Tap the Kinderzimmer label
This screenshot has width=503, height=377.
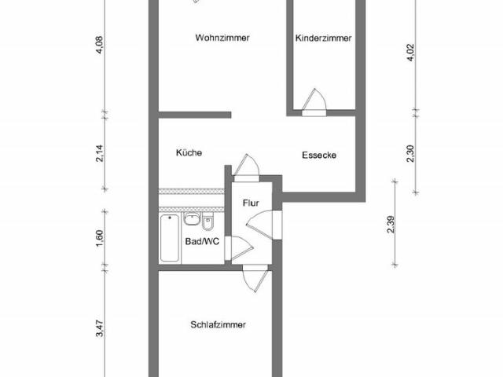323,38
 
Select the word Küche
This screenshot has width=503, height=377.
189,153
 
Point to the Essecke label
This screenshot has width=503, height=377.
319,155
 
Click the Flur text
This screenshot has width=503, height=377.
251,203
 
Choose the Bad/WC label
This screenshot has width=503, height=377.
201,242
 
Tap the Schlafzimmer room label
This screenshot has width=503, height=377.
218,324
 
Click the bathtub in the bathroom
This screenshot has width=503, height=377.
169,237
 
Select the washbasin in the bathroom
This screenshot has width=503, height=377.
191,220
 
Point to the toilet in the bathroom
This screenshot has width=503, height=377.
207,219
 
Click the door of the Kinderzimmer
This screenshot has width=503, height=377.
314,101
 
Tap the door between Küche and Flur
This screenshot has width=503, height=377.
247,167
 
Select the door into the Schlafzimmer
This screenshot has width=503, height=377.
254,278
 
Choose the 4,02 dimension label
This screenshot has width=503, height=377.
409,56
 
